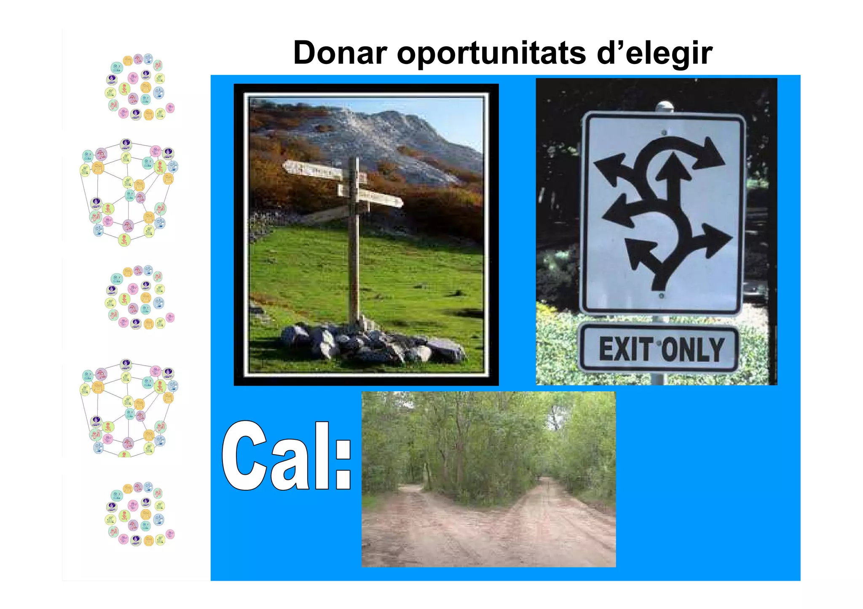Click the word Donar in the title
[340, 53]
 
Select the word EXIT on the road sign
[626, 349]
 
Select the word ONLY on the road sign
[693, 349]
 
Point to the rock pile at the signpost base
[371, 343]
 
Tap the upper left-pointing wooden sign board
[312, 170]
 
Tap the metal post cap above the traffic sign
[665, 106]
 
